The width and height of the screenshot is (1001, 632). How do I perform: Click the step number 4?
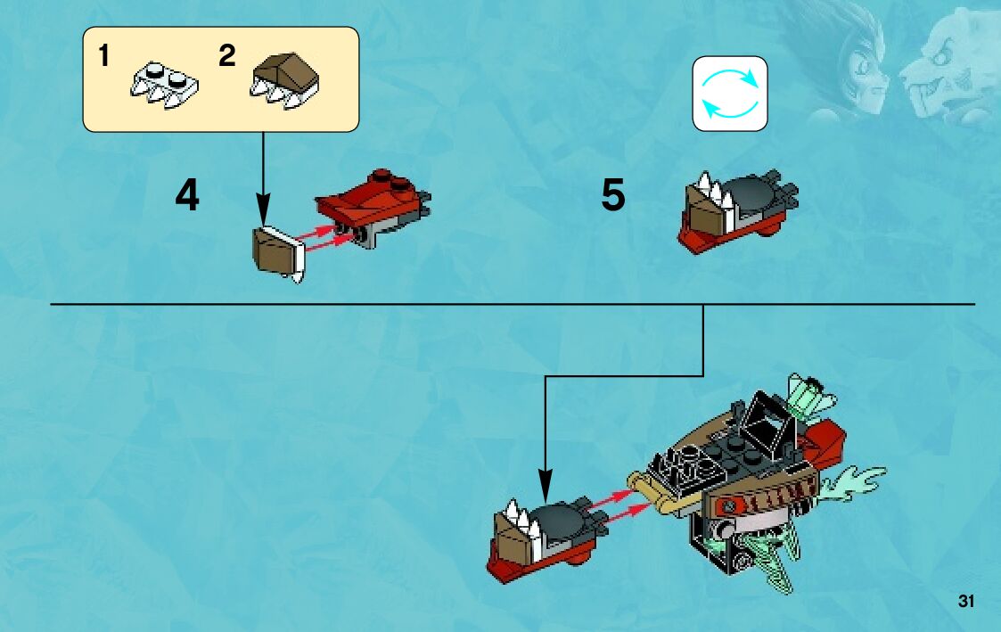coord(187,196)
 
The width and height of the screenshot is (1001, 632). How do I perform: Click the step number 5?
coord(613,196)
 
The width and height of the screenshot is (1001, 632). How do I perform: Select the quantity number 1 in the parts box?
coord(104,57)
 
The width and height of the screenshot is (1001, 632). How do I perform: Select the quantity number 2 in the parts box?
coord(227,57)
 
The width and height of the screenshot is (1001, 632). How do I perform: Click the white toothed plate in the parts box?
coord(164,85)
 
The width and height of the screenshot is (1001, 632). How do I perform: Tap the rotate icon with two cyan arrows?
coord(730,94)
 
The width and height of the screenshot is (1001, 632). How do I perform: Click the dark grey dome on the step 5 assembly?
coord(753,192)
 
